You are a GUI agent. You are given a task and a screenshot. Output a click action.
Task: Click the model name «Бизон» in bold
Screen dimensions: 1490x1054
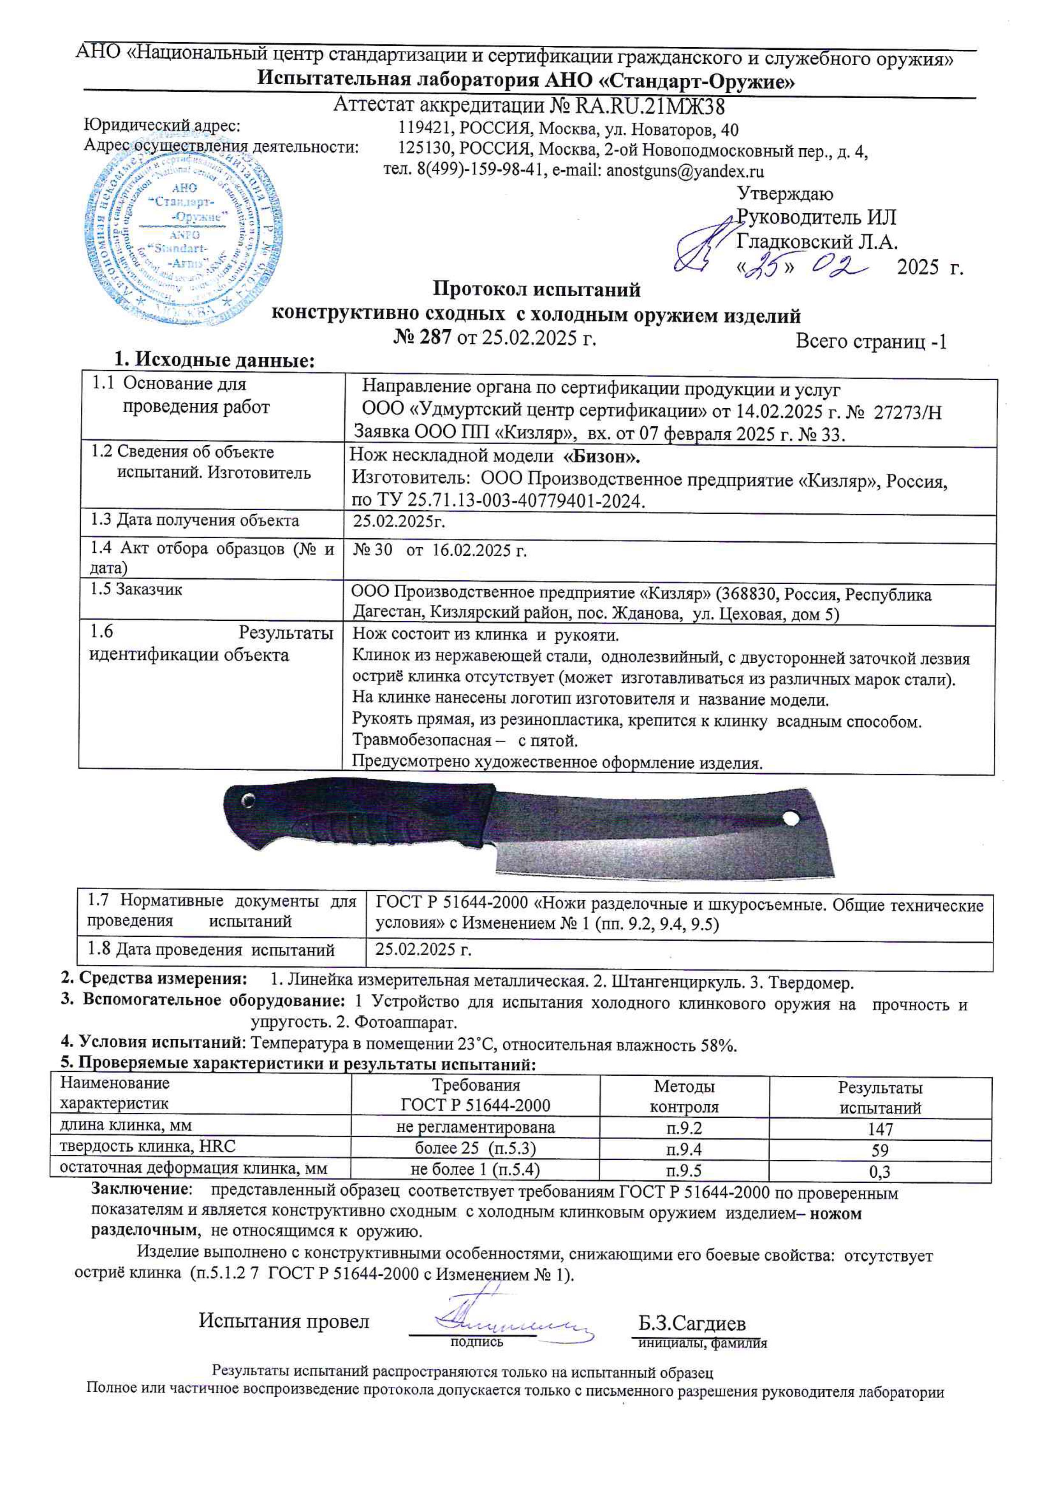[x=602, y=457]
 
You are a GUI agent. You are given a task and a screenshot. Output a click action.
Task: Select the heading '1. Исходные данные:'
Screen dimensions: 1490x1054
[x=214, y=360]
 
